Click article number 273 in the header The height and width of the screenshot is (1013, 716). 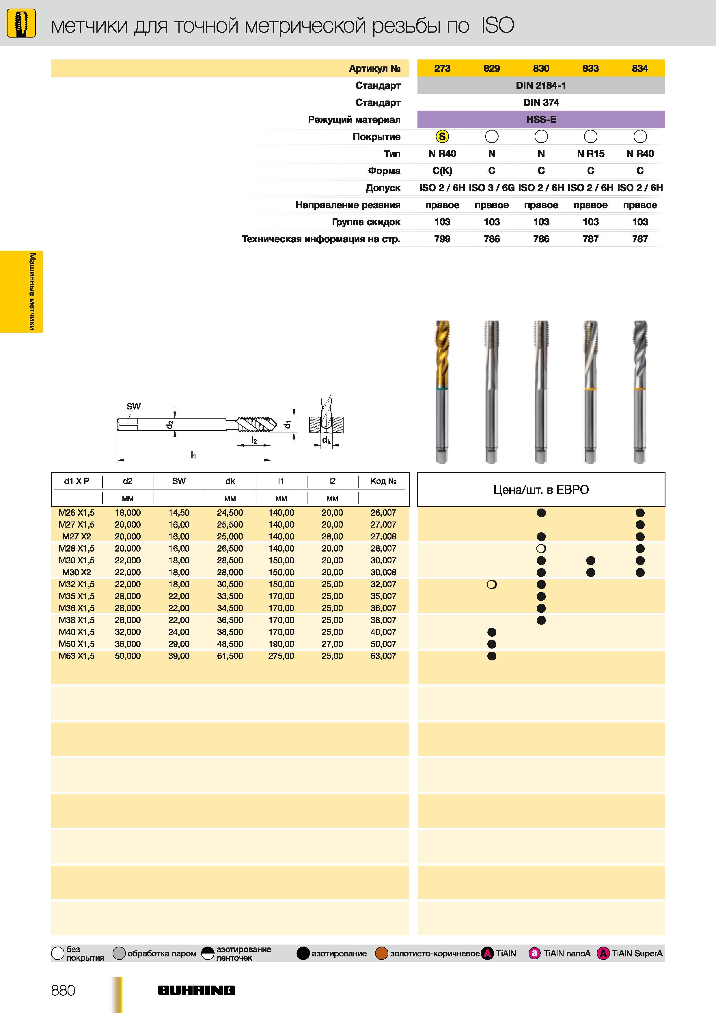point(442,68)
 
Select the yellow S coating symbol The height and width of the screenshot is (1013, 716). point(442,137)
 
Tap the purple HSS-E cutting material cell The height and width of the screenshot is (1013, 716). point(541,120)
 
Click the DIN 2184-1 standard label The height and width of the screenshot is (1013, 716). point(541,85)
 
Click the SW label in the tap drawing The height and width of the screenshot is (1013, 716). point(134,406)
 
